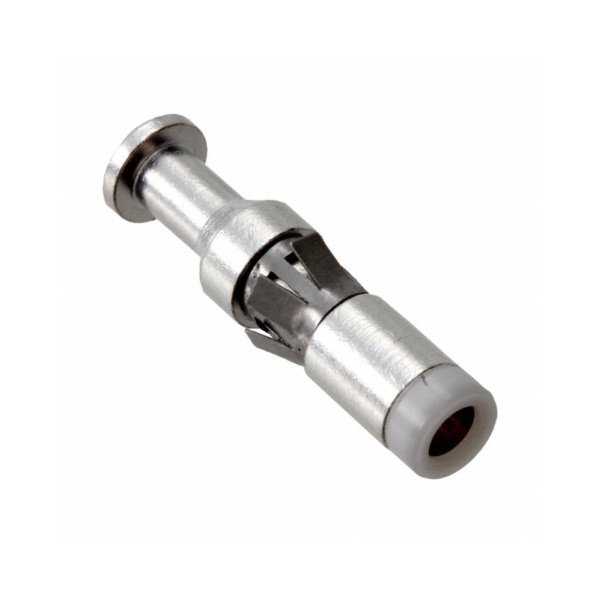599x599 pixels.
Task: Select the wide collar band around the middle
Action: [x=240, y=240]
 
